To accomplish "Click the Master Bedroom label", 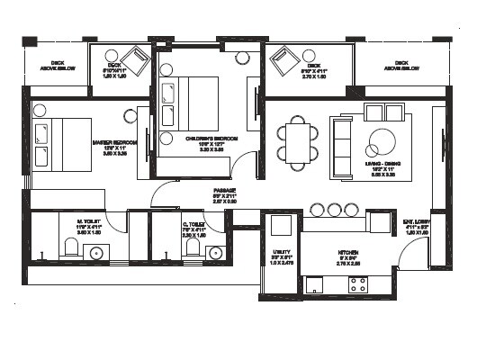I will coord(113,142).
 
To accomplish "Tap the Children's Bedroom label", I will coord(211,139).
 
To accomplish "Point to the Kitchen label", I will coord(349,253).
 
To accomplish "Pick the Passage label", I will coord(225,191).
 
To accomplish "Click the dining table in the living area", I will coord(298,142).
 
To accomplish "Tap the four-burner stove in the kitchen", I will coord(357,283).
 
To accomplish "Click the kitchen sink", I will coord(315,284).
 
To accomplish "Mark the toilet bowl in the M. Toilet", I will coord(70,247).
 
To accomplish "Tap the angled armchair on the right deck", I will coord(287,61).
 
